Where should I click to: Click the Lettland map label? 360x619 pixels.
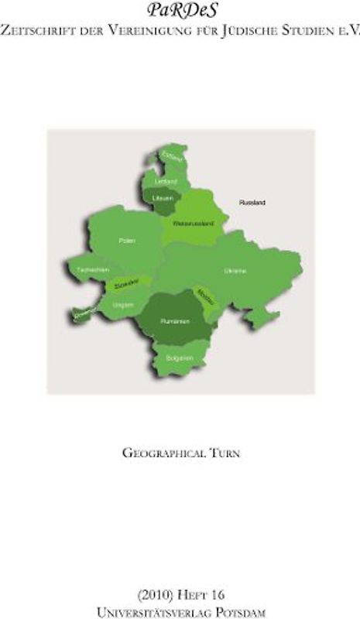point(166,181)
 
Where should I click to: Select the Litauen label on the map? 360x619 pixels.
point(163,199)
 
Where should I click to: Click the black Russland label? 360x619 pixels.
point(252,203)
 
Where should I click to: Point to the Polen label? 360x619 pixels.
point(127,241)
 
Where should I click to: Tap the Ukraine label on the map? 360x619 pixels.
point(235,271)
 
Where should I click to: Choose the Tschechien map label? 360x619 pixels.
point(87,269)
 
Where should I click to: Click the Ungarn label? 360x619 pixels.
point(123,306)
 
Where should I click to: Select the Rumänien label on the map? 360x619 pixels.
point(173,320)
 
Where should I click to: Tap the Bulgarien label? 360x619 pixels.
point(179,359)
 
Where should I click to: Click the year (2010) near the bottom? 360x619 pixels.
point(155,596)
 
